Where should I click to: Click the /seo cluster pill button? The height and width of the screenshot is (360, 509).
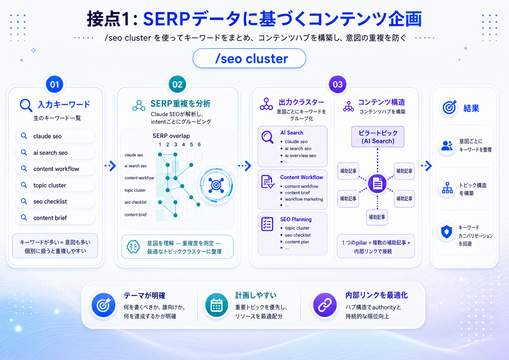pos(249,58)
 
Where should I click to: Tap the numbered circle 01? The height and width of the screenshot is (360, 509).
pos(55,85)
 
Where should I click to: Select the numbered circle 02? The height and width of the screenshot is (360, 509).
pos(177,85)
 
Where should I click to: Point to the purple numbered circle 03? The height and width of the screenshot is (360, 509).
pos(338,85)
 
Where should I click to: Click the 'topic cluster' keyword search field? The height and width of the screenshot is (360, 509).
pos(55,185)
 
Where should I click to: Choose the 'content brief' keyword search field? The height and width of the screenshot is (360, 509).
pos(55,218)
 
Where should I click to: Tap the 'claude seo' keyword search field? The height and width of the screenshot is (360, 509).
pos(55,136)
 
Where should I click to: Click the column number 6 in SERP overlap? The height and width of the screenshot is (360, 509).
pos(199,144)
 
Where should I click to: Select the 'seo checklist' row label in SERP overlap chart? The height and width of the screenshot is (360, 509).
pos(136,202)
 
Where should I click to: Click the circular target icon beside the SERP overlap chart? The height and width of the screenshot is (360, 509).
pos(216,185)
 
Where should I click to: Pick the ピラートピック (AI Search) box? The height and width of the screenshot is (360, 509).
pos(378,137)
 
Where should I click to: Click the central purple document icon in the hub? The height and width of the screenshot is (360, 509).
pos(378,184)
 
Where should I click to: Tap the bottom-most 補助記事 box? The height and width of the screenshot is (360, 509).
pos(377,217)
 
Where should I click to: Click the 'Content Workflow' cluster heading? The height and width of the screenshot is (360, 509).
pos(301,177)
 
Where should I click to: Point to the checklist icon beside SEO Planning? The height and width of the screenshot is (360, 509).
pos(267,224)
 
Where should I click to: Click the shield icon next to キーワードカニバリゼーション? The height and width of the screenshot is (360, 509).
pos(447,232)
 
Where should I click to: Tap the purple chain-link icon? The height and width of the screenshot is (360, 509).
pos(325,305)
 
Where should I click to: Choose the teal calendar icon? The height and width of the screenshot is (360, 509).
pos(216,305)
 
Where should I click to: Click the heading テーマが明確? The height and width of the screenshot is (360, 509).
pos(144,296)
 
